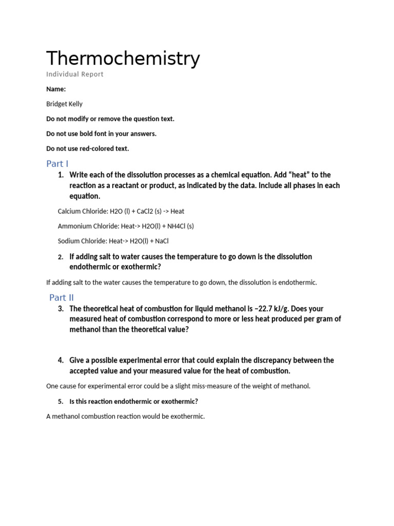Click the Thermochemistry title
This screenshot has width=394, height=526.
point(123,59)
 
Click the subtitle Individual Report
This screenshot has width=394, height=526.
point(75,74)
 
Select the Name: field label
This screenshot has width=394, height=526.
point(56,89)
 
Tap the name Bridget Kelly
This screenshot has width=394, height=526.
point(64,104)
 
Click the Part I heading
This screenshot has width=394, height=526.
point(57,164)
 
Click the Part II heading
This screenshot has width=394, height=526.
point(62,297)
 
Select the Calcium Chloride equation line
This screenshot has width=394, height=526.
point(121,211)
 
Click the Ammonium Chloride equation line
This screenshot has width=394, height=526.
point(126,226)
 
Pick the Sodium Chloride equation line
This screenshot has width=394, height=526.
point(113,241)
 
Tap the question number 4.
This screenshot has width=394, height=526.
point(61,361)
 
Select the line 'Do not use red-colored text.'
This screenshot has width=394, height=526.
point(88,149)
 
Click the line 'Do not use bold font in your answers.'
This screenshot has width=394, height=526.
point(101,134)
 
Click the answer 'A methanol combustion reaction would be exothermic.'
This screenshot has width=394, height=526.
point(125,417)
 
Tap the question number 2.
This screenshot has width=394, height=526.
point(61,257)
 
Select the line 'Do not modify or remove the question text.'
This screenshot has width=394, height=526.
point(110,119)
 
